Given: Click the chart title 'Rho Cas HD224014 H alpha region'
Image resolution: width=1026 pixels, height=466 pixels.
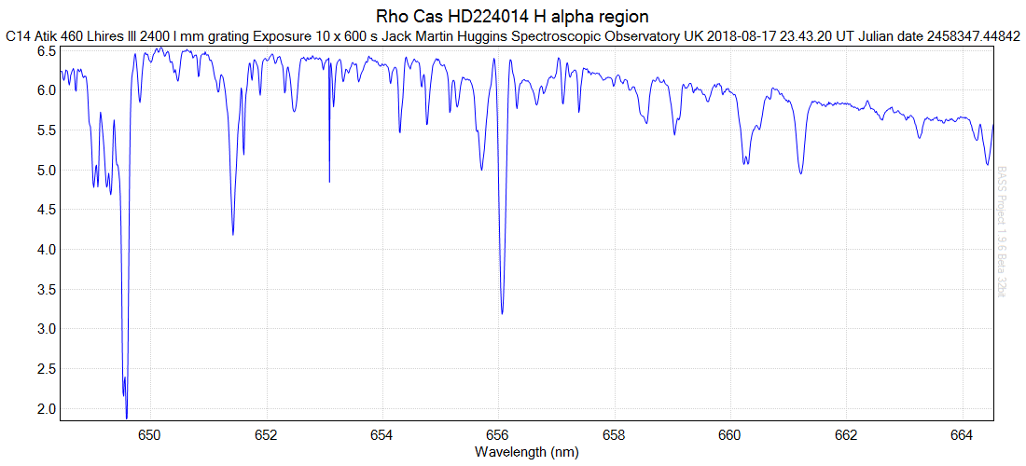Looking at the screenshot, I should [x=512, y=17].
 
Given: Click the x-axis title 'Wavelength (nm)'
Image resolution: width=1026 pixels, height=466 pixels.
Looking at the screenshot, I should [x=526, y=452].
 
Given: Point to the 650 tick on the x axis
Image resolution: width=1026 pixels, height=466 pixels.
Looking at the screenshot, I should [x=150, y=434].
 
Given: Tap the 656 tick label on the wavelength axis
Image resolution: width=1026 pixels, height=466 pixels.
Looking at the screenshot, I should [x=498, y=434].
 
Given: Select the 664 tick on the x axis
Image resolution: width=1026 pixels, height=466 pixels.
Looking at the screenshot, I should [x=961, y=434].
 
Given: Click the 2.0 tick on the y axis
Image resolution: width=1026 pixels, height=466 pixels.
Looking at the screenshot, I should [x=45, y=408].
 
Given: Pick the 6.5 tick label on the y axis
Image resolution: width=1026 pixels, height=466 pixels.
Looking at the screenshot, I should [x=45, y=51].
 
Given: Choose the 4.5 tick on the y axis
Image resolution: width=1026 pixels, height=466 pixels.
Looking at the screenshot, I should [x=45, y=210].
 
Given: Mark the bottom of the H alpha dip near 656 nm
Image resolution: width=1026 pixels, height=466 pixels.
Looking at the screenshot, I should [x=502, y=313].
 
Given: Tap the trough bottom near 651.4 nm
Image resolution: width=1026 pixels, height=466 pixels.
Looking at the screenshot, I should [x=232, y=234].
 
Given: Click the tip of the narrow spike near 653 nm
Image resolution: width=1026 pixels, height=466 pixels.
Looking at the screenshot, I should [x=329, y=181].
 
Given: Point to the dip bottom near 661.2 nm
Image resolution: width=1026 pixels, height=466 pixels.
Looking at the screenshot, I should [x=800, y=173].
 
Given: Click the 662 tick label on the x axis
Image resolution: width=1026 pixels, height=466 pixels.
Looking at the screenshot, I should [x=845, y=434].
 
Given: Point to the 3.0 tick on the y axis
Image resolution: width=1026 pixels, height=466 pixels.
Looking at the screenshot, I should [x=45, y=329].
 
